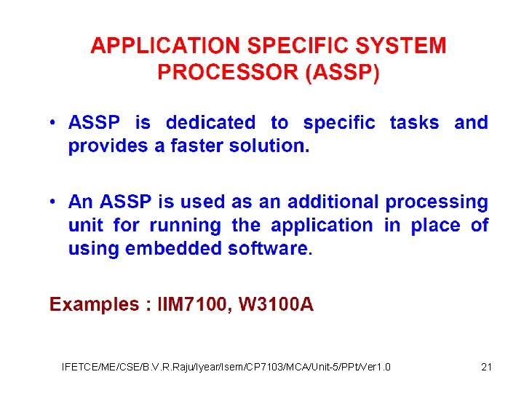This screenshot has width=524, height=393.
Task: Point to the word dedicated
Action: coord(210,122)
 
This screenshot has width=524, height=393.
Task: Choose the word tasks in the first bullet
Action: coord(414,122)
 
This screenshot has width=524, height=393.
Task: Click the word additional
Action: coord(333,202)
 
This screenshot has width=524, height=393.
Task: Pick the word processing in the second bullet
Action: coord(437,202)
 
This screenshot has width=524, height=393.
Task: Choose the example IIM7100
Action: coord(194,304)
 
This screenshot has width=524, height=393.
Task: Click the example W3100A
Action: coord(276,304)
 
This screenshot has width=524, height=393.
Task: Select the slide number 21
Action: coord(487,366)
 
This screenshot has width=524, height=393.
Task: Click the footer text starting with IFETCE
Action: coord(226,366)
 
